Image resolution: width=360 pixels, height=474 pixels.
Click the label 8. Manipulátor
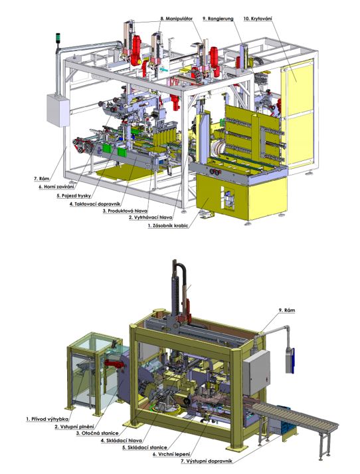tap(176, 19)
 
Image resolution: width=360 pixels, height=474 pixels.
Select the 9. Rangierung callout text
tap(218, 19)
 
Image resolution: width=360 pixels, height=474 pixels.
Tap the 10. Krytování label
tap(258, 19)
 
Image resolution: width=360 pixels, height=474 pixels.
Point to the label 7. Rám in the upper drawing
tap(42, 179)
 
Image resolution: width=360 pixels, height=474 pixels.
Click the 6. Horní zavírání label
tap(56, 187)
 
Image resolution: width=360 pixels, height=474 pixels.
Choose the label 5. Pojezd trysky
tap(74, 195)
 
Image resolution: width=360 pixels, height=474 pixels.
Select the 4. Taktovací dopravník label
tap(95, 204)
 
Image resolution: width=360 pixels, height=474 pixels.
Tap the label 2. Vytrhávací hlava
tap(151, 217)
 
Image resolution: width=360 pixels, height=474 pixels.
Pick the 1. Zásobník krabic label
tap(168, 225)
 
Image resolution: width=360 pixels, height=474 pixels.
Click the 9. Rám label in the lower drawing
tap(286, 310)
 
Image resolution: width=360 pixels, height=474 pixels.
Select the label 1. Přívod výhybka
tap(47, 419)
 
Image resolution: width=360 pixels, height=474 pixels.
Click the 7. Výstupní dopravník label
tap(207, 461)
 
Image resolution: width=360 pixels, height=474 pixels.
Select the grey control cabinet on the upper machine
tap(58, 110)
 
